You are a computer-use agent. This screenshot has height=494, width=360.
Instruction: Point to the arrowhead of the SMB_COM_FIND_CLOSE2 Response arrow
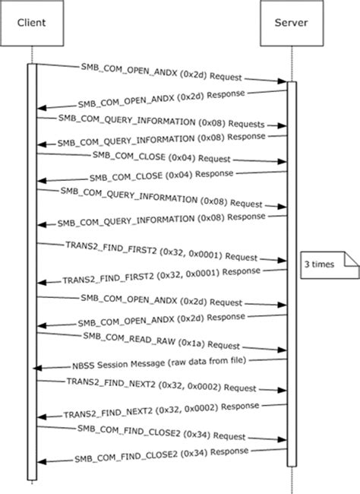pyautogui.click(x=39, y=462)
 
